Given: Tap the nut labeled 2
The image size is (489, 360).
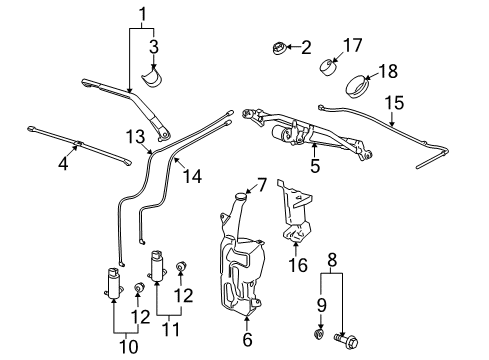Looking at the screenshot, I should coord(281,47).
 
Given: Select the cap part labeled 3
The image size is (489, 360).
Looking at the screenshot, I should coord(156,77).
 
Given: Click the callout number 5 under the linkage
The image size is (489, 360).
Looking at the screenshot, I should coord(315,167).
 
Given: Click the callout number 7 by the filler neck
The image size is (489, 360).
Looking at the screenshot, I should coord(261,184).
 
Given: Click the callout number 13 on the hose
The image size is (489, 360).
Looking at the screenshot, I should coord(136,136).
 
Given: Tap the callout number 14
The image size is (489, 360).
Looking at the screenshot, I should coord(192,176).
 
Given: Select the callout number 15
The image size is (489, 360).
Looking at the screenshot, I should coord(394,102).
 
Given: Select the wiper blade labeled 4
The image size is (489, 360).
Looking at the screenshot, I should coord(76,142).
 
